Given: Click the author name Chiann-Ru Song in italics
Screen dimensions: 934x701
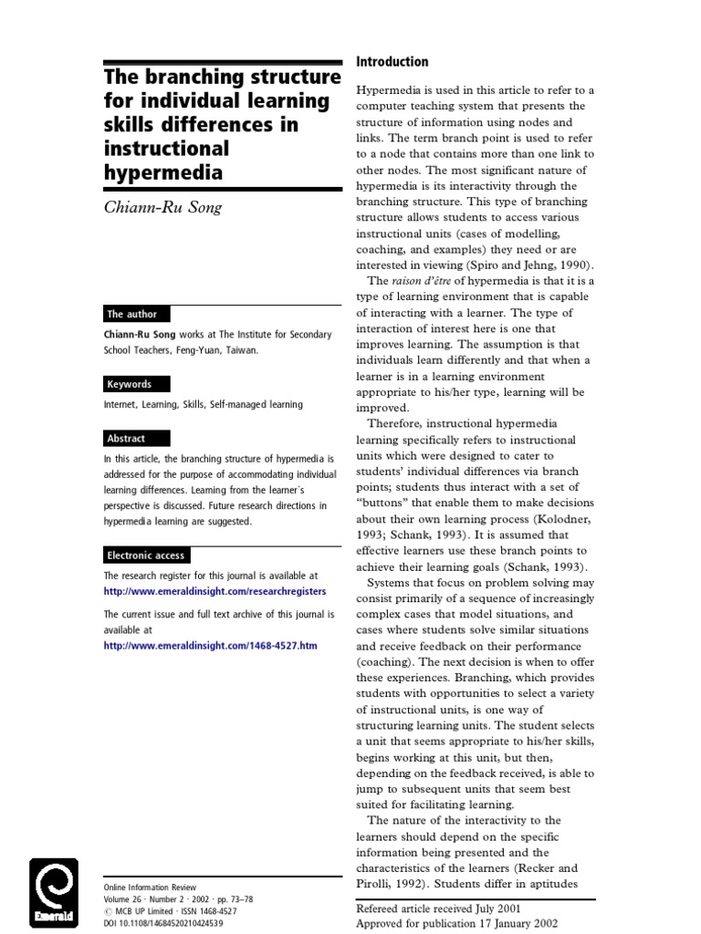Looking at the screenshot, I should [162, 207].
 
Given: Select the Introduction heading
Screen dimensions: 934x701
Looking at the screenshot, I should [392, 62].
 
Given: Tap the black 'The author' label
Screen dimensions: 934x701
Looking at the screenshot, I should [132, 314].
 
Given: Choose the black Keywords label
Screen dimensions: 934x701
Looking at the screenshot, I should [129, 384].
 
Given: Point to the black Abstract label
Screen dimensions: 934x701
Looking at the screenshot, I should [126, 438].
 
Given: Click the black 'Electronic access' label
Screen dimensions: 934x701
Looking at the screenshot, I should [146, 555].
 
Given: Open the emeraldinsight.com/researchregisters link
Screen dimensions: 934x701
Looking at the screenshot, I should [214, 591].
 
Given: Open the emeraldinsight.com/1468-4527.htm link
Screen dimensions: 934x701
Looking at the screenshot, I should [211, 645].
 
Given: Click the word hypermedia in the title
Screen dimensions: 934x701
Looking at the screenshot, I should [164, 172].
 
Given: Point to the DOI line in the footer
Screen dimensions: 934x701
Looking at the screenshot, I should [163, 923].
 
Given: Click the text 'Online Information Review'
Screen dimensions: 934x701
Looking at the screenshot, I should [150, 887].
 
